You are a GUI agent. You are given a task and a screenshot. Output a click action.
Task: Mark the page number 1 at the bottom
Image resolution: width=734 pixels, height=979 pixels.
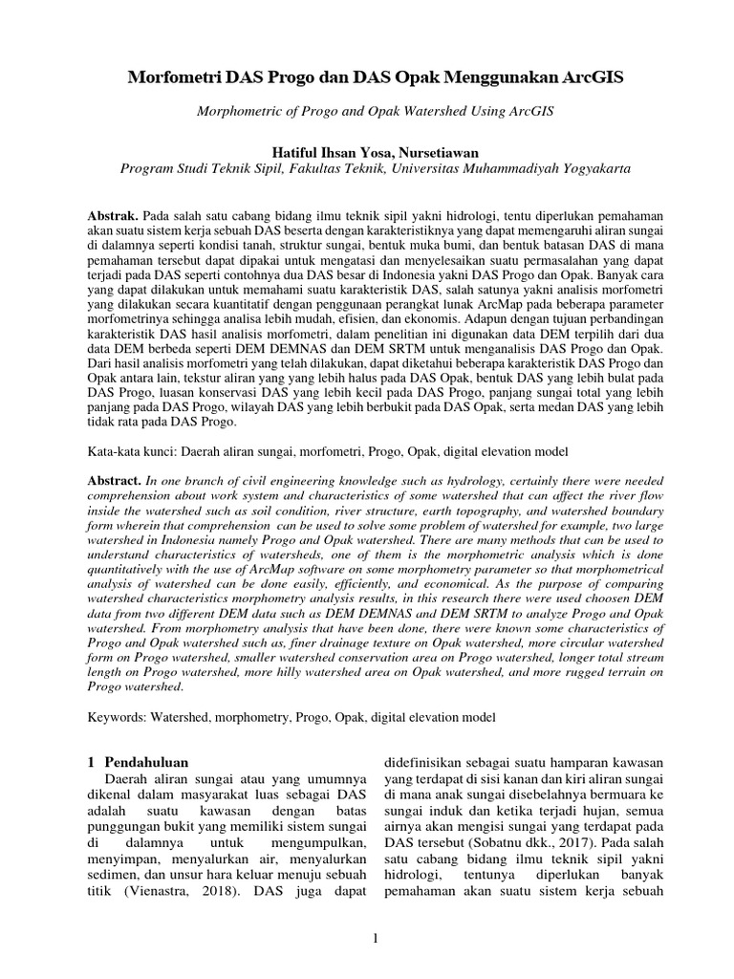click(x=377, y=940)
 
